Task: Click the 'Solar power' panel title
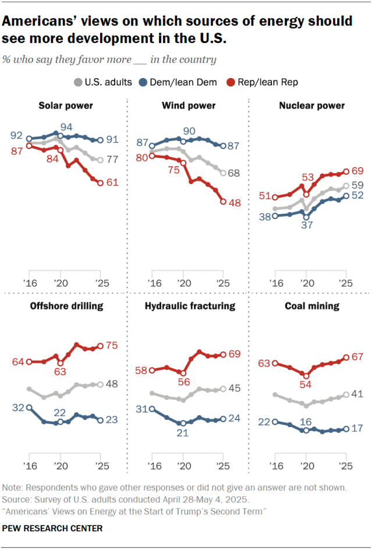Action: tap(66, 105)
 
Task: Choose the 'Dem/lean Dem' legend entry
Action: tap(175, 82)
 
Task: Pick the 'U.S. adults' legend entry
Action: tap(102, 82)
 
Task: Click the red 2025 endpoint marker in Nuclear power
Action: tap(346, 171)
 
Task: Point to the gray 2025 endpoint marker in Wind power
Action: tap(224, 173)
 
